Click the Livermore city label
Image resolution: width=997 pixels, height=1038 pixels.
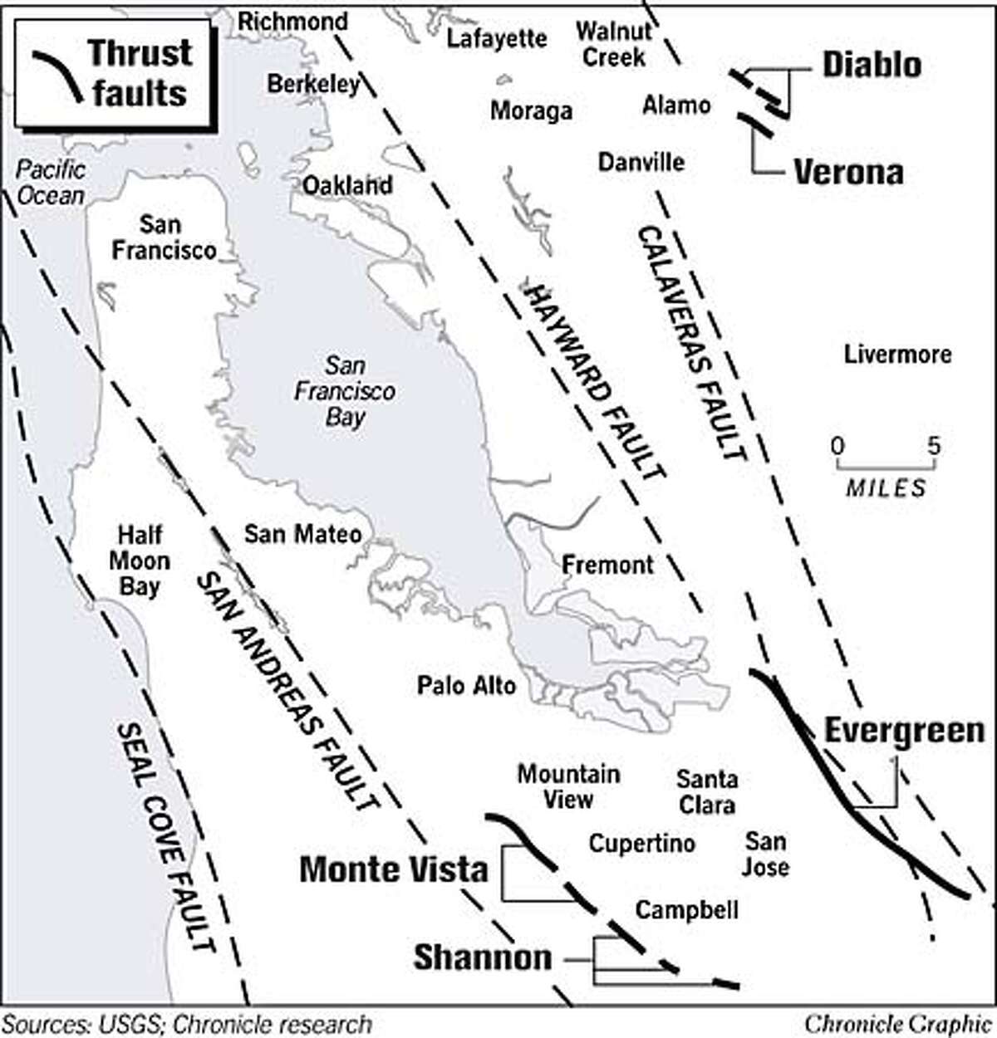[897, 355]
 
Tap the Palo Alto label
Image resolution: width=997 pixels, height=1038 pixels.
[466, 686]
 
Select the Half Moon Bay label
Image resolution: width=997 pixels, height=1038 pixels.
[139, 561]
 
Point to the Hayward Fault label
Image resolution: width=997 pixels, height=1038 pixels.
[594, 381]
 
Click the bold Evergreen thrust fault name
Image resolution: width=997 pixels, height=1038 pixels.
[904, 732]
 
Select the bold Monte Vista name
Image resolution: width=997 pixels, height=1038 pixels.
[393, 869]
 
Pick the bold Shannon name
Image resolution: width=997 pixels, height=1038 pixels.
[482, 957]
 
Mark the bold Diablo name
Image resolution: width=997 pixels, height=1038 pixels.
[872, 65]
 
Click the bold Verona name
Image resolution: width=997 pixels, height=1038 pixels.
[848, 172]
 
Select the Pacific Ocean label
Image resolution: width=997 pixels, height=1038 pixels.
[52, 183]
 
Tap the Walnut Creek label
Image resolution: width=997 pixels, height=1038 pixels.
[613, 45]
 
